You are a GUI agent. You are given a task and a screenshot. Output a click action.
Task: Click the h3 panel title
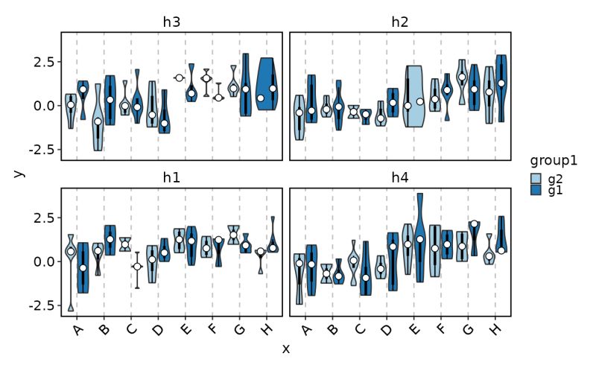(172, 22)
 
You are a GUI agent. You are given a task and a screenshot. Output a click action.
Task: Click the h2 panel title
(400, 22)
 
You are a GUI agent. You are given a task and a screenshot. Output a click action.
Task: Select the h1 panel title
(172, 178)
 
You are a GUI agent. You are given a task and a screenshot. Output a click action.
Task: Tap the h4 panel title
(400, 178)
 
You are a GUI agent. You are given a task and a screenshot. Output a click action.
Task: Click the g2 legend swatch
(536, 179)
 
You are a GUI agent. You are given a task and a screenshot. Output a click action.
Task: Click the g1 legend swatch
(536, 191)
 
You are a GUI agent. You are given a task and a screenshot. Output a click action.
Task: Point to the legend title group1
(555, 161)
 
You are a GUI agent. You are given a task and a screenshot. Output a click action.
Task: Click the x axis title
(286, 349)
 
